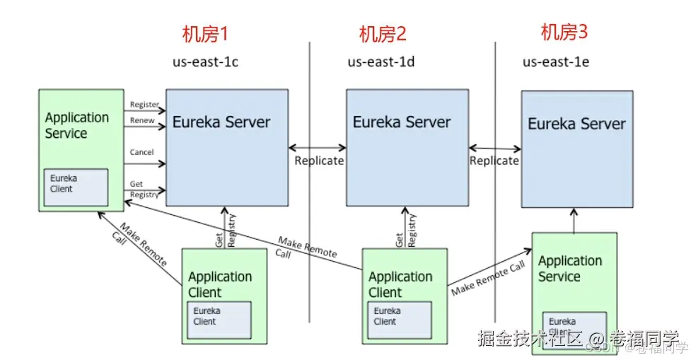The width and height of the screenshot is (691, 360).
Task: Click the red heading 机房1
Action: pos(205,34)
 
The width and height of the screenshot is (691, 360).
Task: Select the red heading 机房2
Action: pos(383,34)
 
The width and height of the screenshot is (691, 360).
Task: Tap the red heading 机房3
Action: pos(564,32)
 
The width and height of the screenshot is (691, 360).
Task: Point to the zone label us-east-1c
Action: pos(205,62)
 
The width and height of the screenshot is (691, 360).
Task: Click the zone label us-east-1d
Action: pos(381,62)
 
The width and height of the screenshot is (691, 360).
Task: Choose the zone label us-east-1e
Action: pos(556,62)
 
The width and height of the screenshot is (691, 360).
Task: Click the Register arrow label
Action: pos(144,105)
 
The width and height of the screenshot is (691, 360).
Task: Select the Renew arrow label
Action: pos(142,121)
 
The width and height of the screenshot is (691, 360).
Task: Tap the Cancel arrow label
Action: pos(142,152)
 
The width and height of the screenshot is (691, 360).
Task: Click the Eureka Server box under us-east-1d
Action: pos(407,147)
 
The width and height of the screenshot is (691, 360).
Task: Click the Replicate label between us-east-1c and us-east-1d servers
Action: pos(319,161)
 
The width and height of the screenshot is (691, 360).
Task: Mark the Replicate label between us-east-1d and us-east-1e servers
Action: pos(494,161)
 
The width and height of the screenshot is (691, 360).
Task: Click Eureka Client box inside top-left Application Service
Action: pos(76,187)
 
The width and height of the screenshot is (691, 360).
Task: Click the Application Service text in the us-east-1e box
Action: pos(569,269)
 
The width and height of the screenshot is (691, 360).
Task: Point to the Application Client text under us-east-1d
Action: pos(400,284)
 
